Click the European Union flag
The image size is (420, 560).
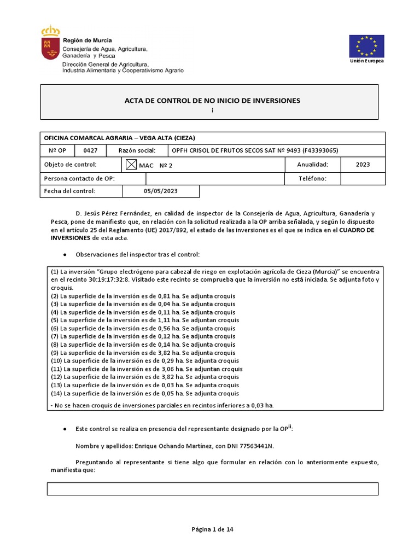coord(366,46)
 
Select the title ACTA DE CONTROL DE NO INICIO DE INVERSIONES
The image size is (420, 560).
coord(213,101)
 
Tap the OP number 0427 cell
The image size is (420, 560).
coord(90,150)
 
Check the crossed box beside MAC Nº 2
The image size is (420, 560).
coord(131,165)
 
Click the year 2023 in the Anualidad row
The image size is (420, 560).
coord(363,165)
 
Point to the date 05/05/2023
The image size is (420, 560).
coord(161,191)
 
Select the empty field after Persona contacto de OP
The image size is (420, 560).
coord(215,178)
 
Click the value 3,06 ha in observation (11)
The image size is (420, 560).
coord(173,369)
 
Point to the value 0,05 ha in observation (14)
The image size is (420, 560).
coord(173,394)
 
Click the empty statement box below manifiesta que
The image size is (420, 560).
coord(212,488)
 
